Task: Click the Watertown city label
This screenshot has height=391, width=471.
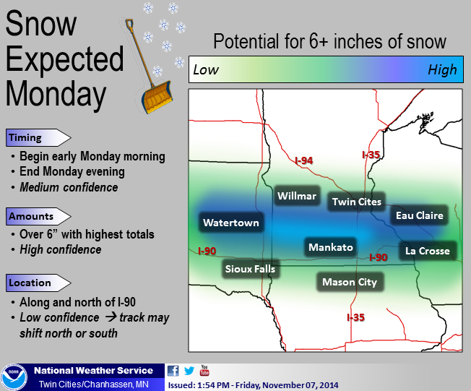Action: tap(231, 223)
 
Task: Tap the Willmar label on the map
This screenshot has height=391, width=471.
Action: tap(297, 196)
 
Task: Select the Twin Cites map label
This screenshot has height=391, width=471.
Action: tap(357, 202)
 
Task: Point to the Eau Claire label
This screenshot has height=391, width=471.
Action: tap(419, 215)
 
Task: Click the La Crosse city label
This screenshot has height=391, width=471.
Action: tap(428, 251)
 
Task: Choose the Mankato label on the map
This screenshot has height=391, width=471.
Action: tap(330, 247)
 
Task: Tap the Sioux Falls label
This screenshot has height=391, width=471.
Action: tap(250, 269)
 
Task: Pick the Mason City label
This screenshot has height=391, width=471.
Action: tap(350, 282)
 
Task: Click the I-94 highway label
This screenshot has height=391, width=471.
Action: tap(304, 160)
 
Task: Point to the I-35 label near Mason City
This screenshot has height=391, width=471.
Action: tap(356, 317)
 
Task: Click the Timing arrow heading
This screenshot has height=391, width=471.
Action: tap(38, 137)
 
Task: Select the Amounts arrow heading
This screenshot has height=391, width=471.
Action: tap(38, 216)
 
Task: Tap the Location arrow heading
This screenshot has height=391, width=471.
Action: tap(38, 283)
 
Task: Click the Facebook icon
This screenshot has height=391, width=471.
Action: tap(173, 371)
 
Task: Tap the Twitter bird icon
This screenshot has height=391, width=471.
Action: tap(189, 371)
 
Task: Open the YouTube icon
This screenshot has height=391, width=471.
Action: tap(204, 370)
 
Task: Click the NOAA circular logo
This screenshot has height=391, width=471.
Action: tap(14, 377)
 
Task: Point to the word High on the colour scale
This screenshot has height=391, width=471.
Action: tap(442, 69)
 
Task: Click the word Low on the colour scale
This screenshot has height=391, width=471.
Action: tap(206, 69)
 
